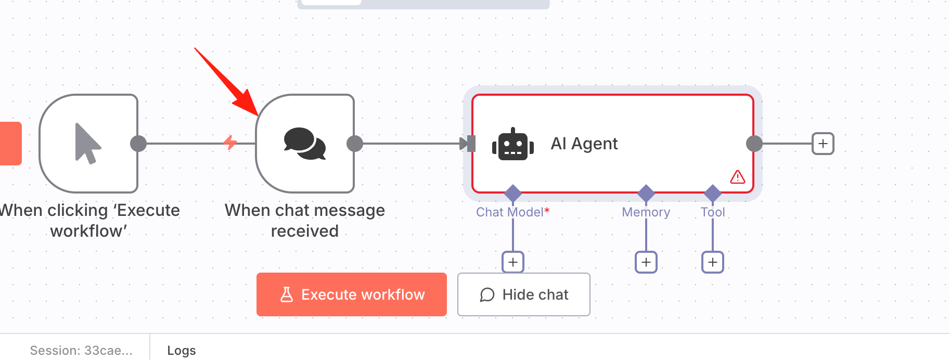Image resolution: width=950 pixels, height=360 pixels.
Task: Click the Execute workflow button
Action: [352, 294]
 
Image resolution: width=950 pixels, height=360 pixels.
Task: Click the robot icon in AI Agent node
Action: [513, 144]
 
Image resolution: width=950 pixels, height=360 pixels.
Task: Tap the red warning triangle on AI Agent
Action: [737, 177]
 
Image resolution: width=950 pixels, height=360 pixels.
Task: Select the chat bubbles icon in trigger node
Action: [305, 144]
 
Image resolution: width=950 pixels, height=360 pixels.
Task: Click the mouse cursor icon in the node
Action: [87, 144]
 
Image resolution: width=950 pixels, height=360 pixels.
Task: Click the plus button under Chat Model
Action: [513, 262]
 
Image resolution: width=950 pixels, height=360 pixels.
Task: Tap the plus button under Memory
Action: [646, 262]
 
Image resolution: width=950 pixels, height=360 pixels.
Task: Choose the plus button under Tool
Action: [713, 262]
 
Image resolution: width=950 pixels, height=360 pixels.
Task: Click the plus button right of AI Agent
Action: [823, 144]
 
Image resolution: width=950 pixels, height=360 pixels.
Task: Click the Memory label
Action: [646, 212]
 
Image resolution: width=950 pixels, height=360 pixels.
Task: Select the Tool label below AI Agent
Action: [713, 212]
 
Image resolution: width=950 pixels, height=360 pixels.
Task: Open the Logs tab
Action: [182, 351]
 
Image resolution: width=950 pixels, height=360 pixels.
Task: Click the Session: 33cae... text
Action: [81, 351]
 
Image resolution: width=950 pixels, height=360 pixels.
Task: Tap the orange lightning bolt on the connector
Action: [230, 142]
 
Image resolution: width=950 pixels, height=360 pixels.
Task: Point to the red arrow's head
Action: [258, 115]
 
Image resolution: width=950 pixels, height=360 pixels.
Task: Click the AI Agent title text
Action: [584, 144]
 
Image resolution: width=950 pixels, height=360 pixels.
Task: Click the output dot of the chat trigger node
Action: [355, 144]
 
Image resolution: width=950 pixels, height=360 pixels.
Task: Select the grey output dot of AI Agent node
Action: [754, 144]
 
